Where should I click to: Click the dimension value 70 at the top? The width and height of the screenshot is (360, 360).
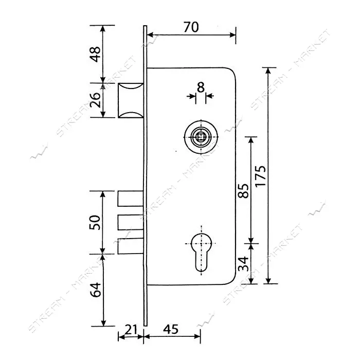191,27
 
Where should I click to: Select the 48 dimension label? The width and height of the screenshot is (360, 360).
95,54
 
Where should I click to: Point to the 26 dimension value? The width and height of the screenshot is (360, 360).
95,100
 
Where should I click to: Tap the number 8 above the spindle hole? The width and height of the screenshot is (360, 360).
201,87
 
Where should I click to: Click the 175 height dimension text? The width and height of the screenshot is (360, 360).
261,176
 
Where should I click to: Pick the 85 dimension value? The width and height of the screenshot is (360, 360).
243,191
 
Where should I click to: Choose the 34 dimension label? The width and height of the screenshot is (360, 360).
243,264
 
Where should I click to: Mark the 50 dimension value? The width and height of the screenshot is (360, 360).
95,222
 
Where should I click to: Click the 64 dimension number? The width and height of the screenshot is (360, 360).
95,290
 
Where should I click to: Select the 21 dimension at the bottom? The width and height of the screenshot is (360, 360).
131,330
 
